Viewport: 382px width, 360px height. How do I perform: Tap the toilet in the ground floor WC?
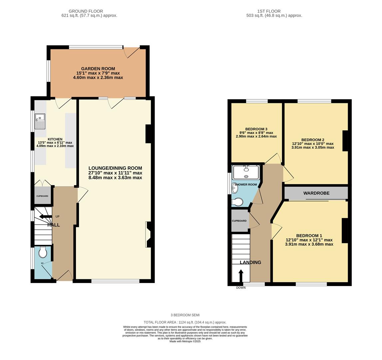tap(43, 252)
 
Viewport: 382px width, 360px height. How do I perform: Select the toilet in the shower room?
tap(238, 202)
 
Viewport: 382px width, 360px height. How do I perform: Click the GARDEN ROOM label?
tap(98, 69)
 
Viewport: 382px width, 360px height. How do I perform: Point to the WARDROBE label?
tap(316, 193)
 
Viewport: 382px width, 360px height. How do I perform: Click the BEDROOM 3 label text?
tap(256, 129)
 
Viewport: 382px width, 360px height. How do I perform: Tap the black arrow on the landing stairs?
tap(241, 276)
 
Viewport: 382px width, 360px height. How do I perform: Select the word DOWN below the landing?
tap(241, 288)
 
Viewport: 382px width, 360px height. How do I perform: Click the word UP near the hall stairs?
tap(57, 217)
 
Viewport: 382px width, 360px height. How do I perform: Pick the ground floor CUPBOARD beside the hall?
tap(42, 196)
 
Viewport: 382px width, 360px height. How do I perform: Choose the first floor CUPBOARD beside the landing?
tap(239, 221)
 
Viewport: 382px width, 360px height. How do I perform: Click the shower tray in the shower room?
tap(246, 172)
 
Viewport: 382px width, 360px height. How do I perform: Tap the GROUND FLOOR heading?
tap(86, 11)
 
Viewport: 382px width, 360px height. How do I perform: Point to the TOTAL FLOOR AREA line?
tap(185, 322)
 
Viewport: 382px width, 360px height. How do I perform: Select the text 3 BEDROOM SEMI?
tap(185, 315)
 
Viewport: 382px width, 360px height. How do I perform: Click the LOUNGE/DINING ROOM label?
tap(115, 168)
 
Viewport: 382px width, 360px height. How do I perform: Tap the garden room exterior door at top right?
tap(132, 52)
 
